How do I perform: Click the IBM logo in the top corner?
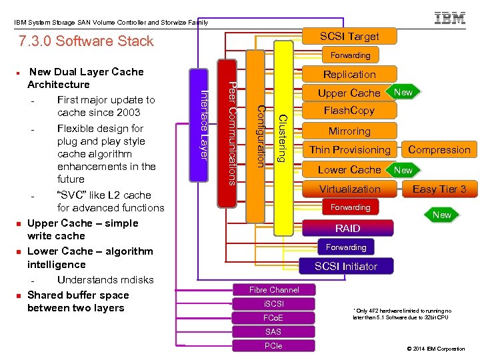pos(450,18)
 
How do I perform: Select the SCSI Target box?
pos(349,36)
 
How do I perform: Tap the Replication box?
pos(349,74)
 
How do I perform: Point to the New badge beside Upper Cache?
pos(403,92)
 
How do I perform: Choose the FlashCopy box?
pos(349,110)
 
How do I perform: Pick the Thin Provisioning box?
pos(349,150)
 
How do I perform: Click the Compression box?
pos(439,150)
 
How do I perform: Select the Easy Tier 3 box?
pos(439,189)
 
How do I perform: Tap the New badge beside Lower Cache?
pos(403,170)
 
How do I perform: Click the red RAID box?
pos(347,228)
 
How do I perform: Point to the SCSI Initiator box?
pos(346,266)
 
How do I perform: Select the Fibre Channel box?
pos(273,289)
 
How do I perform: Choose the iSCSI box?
pos(273,304)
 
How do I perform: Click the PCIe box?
pos(273,346)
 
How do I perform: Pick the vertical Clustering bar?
pos(283,137)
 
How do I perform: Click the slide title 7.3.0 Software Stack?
pos(87,41)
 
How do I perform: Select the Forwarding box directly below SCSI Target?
pos(350,55)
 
